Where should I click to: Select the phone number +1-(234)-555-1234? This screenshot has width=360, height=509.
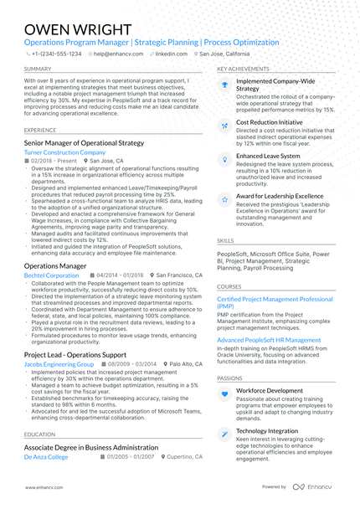[56, 53]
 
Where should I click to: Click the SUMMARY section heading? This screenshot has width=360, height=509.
[38, 69]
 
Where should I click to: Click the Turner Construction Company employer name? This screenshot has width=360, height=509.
[59, 153]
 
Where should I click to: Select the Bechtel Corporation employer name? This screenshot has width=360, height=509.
[52, 275]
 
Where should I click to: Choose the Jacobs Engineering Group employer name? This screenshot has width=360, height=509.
[59, 364]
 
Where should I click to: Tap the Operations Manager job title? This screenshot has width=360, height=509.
[55, 265]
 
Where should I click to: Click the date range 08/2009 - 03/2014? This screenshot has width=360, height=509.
[131, 364]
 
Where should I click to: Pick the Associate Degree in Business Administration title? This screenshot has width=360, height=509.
[95, 448]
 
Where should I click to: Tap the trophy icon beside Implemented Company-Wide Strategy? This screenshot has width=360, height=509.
[224, 85]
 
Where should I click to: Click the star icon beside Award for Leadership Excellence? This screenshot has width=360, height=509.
[224, 200]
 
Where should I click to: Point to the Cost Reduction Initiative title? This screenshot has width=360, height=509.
[270, 122]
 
